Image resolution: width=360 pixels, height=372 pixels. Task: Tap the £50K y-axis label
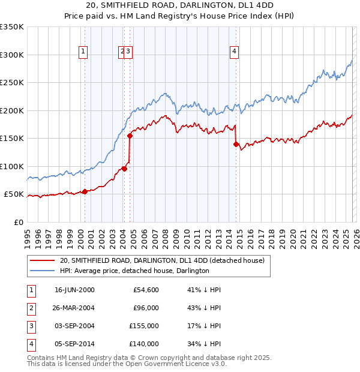point(14,194)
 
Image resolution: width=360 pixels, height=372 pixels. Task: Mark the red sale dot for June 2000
point(85,191)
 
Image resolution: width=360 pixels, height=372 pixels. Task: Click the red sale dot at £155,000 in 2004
point(130,136)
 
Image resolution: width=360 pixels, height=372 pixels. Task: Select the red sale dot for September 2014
point(236,144)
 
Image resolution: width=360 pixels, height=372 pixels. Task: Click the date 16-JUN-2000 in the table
point(74,290)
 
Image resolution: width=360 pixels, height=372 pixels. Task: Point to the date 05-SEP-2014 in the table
point(74,344)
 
